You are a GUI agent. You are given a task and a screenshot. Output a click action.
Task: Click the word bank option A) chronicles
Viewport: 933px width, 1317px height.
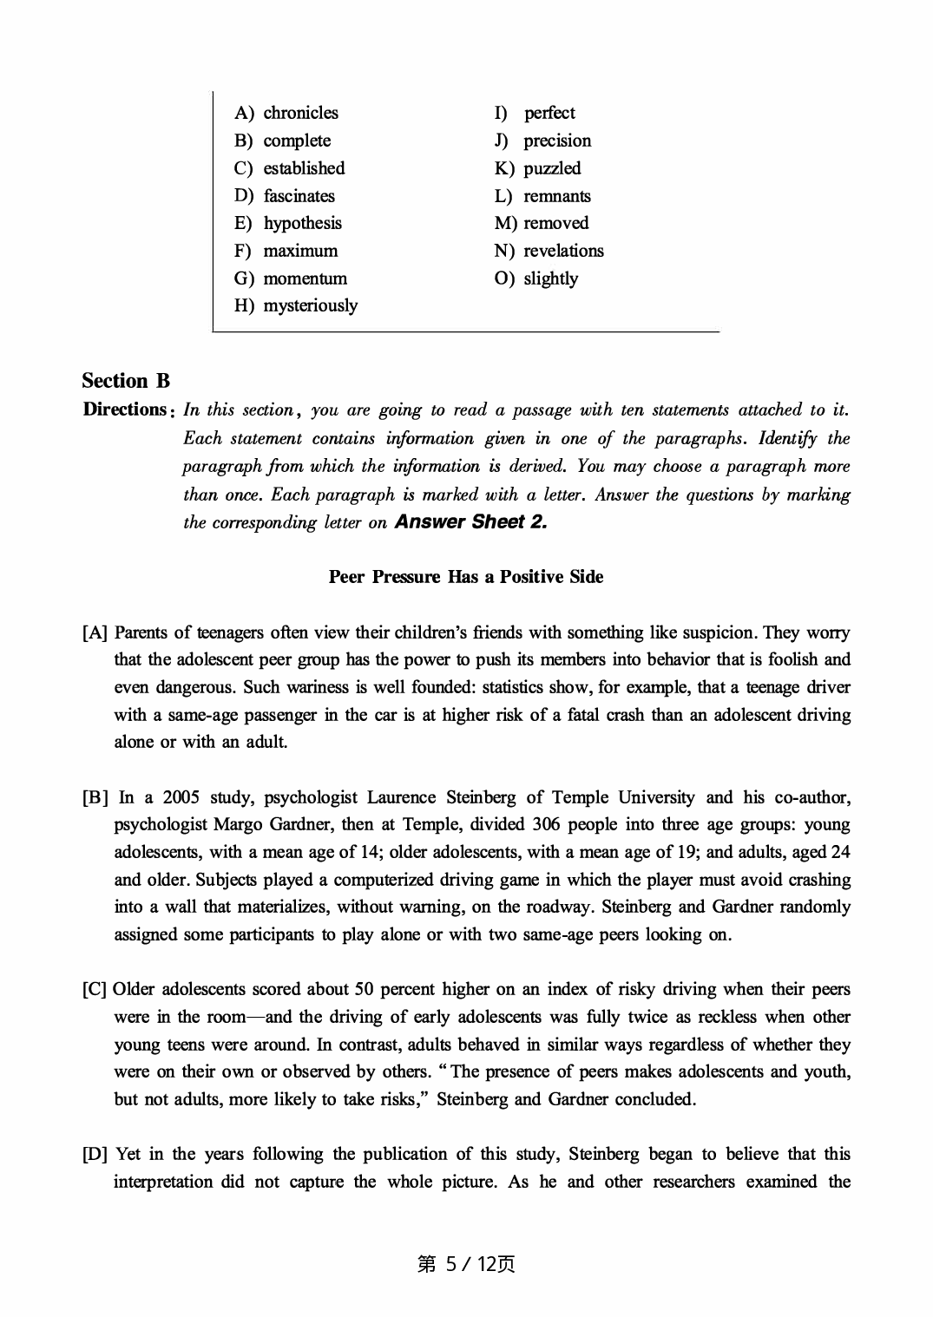pos(286,113)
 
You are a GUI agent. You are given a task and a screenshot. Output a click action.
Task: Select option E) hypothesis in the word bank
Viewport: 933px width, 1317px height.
pos(288,223)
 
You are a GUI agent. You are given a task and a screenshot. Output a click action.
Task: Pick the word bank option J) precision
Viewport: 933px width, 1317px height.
pos(543,141)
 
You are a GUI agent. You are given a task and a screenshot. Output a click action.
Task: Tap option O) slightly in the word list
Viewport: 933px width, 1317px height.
pos(536,278)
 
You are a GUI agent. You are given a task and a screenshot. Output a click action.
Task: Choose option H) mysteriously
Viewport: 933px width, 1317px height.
pos(296,305)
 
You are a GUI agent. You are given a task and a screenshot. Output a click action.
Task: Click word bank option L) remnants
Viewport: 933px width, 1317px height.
pos(542,196)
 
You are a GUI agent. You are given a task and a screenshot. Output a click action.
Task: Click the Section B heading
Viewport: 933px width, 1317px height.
pos(126,381)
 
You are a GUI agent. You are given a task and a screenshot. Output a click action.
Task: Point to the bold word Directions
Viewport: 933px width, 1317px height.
pos(124,410)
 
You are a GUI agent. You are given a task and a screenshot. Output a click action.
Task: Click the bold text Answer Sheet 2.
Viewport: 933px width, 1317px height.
pos(470,521)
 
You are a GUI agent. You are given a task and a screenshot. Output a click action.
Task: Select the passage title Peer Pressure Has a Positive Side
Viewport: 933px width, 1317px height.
pos(466,577)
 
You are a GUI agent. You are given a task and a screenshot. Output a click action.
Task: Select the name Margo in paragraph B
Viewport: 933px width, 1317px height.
pos(236,824)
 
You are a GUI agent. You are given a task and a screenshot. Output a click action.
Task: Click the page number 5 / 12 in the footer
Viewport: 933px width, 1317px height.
pos(466,1264)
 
